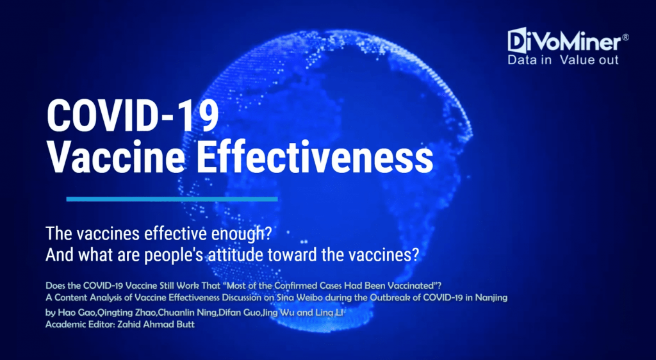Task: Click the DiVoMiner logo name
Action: click(564, 40)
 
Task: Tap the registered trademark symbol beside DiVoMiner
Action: click(625, 37)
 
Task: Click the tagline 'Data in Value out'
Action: click(562, 60)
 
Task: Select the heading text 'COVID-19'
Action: click(133, 116)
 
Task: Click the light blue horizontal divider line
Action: click(172, 199)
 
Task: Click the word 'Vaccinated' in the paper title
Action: click(410, 286)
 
